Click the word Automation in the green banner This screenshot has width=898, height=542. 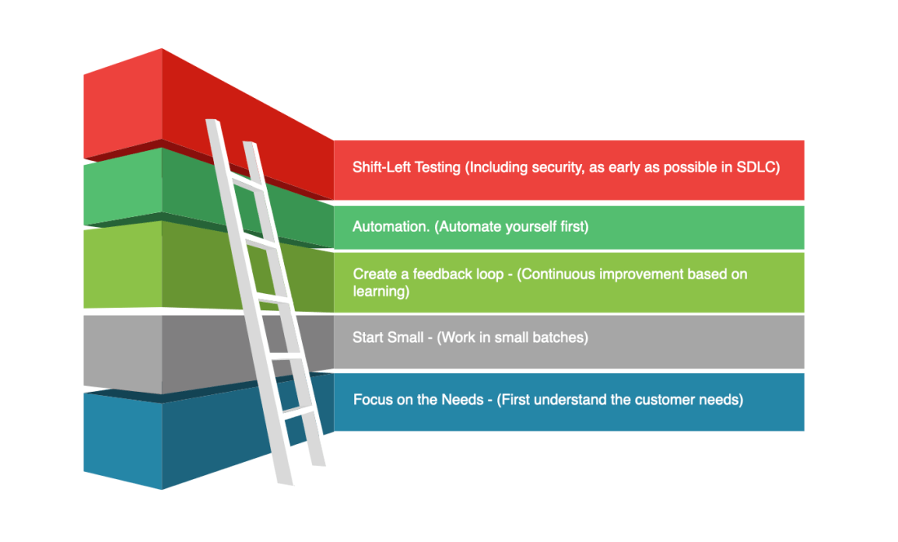tap(390, 227)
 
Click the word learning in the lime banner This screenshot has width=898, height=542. tap(379, 291)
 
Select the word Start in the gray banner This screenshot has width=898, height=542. tap(367, 337)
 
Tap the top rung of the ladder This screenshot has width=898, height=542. tap(246, 184)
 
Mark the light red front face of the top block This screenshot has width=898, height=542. tap(123, 103)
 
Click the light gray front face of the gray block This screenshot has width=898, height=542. tap(123, 352)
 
